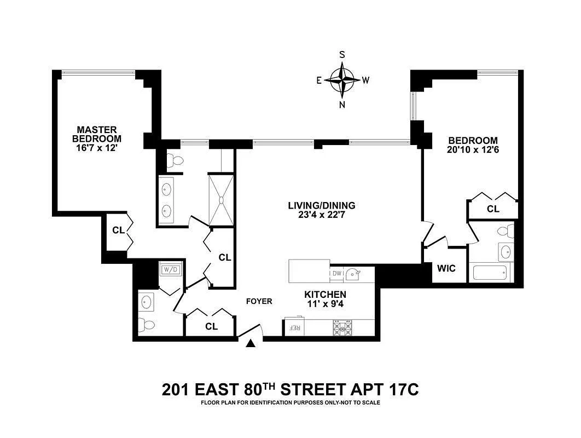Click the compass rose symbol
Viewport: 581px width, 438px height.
coord(342,80)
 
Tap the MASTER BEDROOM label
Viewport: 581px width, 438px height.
coord(97,134)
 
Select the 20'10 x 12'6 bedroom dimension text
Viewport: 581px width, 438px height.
coord(473,150)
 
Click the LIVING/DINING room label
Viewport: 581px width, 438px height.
coord(322,205)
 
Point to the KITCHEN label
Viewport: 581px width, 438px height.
coord(326,295)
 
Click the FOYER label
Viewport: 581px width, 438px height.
coord(259,301)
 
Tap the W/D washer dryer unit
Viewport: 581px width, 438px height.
coord(171,269)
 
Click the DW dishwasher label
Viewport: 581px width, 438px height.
coord(336,274)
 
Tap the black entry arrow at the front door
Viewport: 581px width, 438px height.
coord(251,344)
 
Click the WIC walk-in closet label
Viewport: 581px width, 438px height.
coord(446,268)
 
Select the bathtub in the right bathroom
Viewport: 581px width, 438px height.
coord(490,272)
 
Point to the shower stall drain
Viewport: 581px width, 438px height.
coord(221,200)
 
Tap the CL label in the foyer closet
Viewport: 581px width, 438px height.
coord(211,326)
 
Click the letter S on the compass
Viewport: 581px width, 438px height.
coord(342,55)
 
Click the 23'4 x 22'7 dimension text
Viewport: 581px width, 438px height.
coord(322,215)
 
